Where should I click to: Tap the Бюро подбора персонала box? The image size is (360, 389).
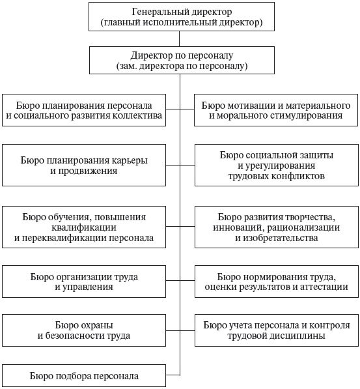click(x=83, y=376)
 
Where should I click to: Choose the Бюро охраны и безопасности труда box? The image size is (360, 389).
click(x=83, y=330)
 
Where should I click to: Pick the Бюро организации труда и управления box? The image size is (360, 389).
click(x=83, y=281)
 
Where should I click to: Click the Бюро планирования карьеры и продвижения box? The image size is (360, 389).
click(x=83, y=166)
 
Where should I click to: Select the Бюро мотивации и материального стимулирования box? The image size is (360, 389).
click(x=276, y=110)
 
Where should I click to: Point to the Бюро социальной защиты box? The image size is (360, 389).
click(x=276, y=166)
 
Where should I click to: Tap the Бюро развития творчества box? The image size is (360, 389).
click(x=276, y=227)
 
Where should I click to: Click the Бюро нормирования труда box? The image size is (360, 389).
click(x=276, y=281)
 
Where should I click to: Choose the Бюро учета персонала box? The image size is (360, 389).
click(x=276, y=330)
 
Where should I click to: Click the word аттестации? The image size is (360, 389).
click(x=329, y=287)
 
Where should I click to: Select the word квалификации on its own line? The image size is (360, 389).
click(x=83, y=227)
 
